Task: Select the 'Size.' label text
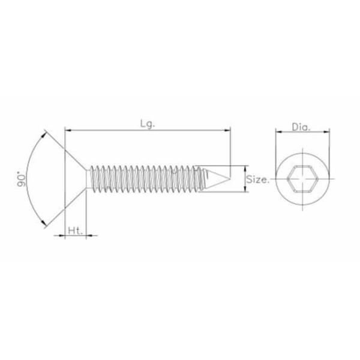click(259, 179)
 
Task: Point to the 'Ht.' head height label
click(74, 230)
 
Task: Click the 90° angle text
click(23, 180)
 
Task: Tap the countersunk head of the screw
click(77, 177)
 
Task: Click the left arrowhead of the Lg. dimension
click(68, 129)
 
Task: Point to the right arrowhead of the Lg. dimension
click(227, 129)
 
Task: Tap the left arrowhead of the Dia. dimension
click(278, 132)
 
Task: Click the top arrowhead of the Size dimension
click(245, 169)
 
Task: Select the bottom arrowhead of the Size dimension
click(245, 190)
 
